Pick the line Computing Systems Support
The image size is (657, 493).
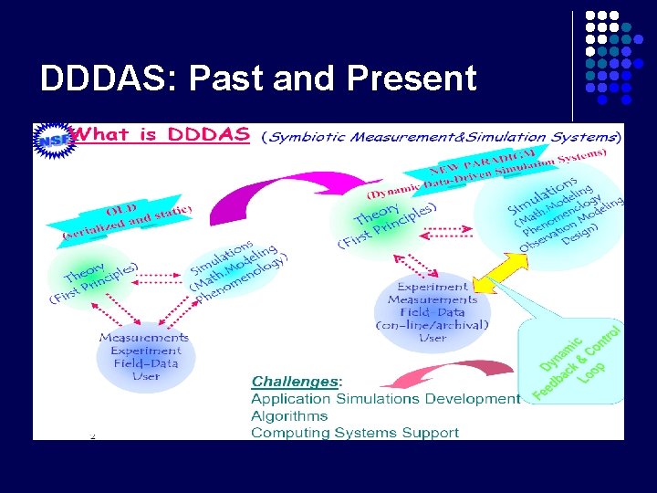(x=355, y=432)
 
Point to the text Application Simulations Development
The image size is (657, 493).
(x=385, y=399)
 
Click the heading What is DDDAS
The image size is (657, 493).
(x=162, y=135)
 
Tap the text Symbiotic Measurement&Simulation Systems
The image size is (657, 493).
(x=442, y=138)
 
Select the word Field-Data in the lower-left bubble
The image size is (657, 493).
(x=146, y=363)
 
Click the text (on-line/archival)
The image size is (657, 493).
(x=433, y=325)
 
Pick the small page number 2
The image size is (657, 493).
(x=92, y=435)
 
